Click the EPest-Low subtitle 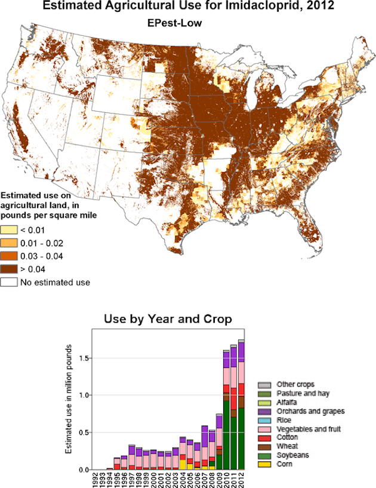point(175,23)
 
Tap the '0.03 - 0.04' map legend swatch point(9,256)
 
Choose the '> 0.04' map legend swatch point(9,269)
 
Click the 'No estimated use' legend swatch point(9,282)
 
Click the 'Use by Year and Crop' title point(168,319)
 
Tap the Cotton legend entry point(288,437)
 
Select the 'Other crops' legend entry point(292,384)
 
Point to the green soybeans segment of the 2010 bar point(226,435)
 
